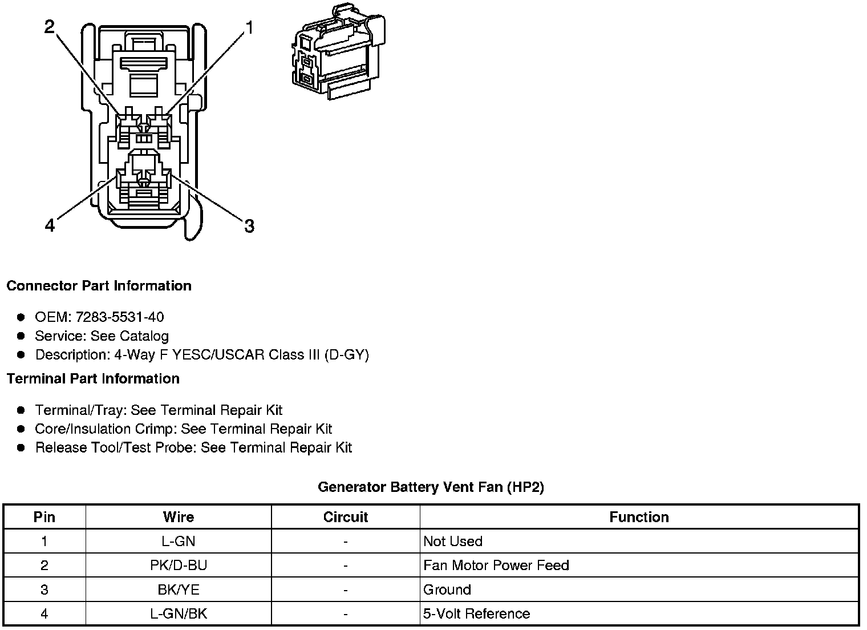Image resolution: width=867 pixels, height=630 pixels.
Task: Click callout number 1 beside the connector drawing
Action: tap(249, 27)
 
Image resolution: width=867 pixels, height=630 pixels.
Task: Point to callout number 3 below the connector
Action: tap(249, 227)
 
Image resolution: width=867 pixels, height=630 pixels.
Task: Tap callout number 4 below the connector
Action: tap(50, 227)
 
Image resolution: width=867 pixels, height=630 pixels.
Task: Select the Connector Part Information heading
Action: tap(99, 286)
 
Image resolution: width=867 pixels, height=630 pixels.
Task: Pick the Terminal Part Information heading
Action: tap(93, 379)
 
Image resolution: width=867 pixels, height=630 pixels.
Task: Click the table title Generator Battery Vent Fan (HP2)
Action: tap(431, 487)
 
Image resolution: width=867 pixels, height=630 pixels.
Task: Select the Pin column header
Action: tap(44, 517)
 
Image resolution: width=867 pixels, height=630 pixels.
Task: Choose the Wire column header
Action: tap(179, 517)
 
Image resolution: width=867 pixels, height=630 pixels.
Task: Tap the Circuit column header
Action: tap(346, 517)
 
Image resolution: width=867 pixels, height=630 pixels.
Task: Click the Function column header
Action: tap(639, 517)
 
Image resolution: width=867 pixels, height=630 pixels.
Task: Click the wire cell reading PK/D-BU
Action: tap(179, 566)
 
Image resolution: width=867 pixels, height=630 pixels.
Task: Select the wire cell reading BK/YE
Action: tap(179, 589)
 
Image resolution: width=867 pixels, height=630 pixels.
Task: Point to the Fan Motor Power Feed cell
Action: tap(496, 566)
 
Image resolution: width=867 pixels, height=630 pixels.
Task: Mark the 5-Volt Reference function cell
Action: tap(476, 614)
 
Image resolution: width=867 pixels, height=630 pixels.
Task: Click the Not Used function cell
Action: tap(453, 542)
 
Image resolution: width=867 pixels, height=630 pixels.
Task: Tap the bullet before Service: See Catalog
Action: tap(21, 336)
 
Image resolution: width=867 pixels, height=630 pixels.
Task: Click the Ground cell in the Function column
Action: tap(447, 589)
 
